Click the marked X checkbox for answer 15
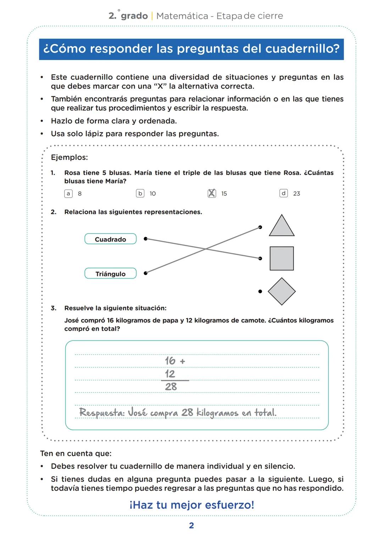click(x=212, y=193)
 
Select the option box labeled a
click(x=68, y=193)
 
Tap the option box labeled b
click(x=140, y=193)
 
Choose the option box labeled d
click(x=283, y=193)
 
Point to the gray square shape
click(x=282, y=258)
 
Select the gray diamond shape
click(x=282, y=291)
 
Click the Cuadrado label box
click(x=110, y=239)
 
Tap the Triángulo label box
click(x=110, y=274)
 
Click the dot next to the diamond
click(x=260, y=291)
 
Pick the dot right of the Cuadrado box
click(x=145, y=239)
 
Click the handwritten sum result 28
click(x=171, y=387)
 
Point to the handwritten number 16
click(x=170, y=361)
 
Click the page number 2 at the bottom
click(x=191, y=526)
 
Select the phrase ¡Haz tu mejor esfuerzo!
click(x=191, y=505)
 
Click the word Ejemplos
click(x=70, y=157)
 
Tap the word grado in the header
click(x=134, y=16)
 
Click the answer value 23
click(x=296, y=193)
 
